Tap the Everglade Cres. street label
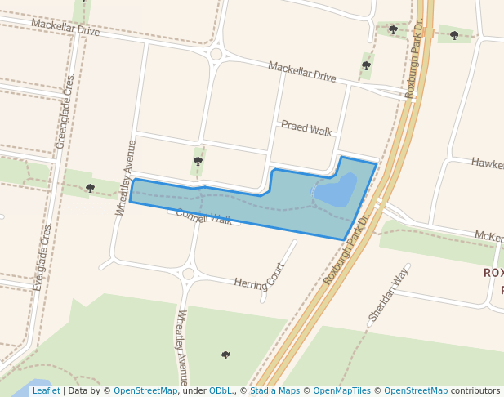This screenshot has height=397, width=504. coord(43,256)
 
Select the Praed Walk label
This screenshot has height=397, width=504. coord(306,128)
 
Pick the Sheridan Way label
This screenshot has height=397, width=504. coord(387,293)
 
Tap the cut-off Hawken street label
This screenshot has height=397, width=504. coord(487,164)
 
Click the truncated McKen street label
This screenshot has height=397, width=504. coord(488,237)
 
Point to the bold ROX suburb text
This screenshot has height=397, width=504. coord(493,272)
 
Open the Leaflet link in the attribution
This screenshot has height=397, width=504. coord(47,391)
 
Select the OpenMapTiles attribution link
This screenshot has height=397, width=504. coord(342,391)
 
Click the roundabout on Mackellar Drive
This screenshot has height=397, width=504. coord(216,55)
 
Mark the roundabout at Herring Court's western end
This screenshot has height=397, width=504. coord(189,274)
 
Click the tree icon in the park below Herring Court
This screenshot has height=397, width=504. coord(225,355)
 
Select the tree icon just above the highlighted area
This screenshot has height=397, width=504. coord(198,161)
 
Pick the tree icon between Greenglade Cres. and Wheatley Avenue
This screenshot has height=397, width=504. coord(90,188)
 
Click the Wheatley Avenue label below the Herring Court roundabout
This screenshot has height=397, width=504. coord(182,346)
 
